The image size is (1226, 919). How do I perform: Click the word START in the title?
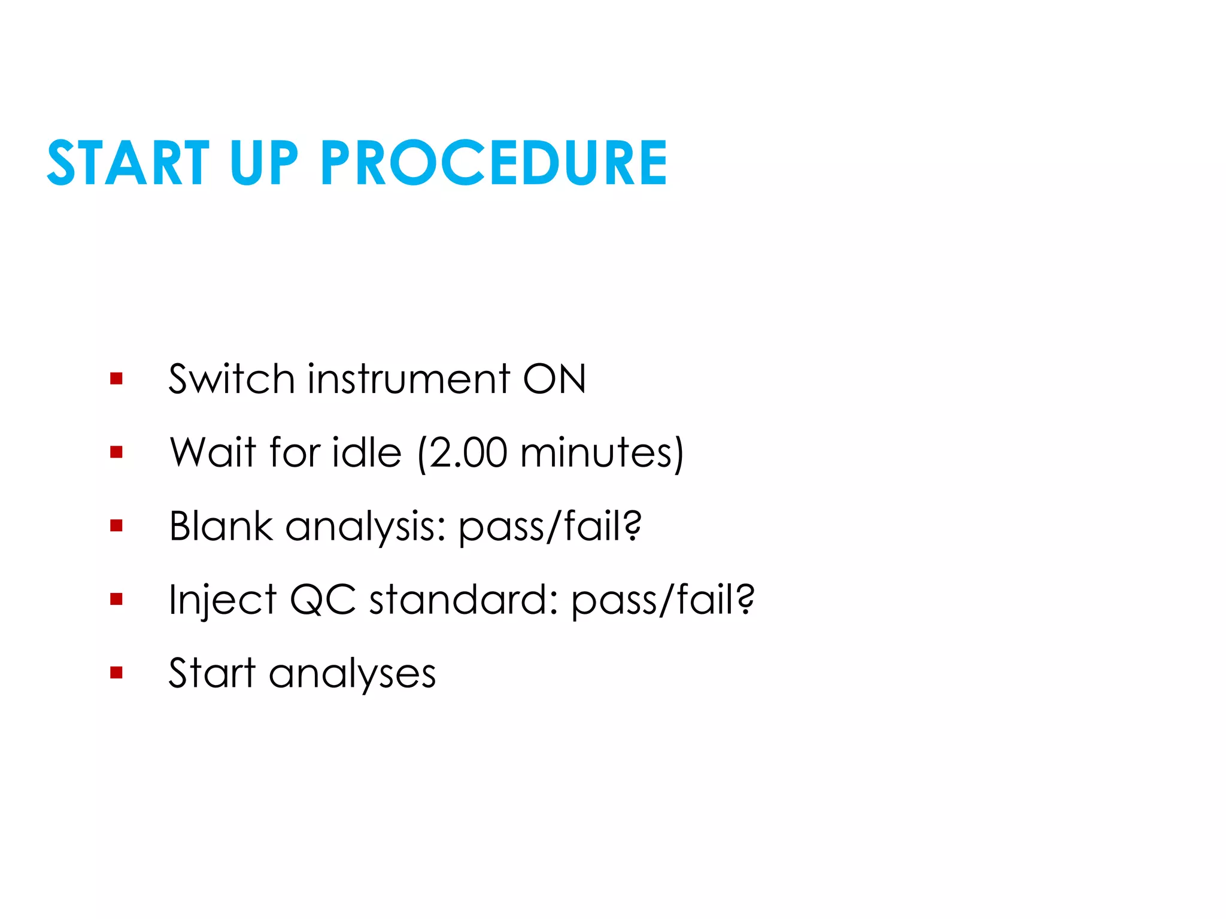[128, 163]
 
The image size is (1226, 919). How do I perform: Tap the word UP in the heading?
[263, 163]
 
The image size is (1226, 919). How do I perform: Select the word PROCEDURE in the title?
[494, 163]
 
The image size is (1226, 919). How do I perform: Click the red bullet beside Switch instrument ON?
[116, 378]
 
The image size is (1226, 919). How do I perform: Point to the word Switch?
[231, 379]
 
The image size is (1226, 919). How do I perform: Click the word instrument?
[409, 379]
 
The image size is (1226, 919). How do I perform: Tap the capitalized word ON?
[554, 379]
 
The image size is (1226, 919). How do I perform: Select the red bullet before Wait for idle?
[116, 452]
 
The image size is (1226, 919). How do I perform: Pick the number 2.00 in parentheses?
[468, 453]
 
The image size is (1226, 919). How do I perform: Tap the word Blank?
[221, 526]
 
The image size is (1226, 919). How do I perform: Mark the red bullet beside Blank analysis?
[116, 525]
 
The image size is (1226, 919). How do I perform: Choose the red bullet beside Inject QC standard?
[116, 599]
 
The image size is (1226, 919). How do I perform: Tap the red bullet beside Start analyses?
[116, 672]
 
